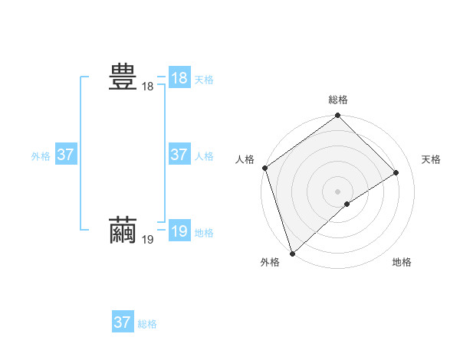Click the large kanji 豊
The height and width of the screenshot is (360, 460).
coord(123,78)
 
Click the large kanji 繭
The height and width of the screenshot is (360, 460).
coord(123,230)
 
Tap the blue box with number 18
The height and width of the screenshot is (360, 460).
coord(179,78)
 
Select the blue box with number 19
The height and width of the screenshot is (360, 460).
coord(179,231)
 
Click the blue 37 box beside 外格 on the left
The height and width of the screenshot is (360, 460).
coord(65,155)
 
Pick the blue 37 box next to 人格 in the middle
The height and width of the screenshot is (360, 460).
coord(179,155)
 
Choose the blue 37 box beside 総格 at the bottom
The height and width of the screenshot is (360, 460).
coord(122,322)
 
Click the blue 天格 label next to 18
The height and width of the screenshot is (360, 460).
coord(204,80)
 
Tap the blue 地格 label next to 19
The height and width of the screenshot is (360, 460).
coord(204,233)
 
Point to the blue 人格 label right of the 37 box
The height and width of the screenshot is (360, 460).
coord(204,156)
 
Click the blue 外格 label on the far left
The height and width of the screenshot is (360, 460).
coord(41,156)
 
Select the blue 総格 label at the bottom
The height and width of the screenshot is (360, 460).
coord(147,324)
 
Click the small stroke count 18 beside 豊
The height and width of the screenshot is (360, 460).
coord(147,87)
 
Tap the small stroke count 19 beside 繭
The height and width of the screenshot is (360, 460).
coord(147,240)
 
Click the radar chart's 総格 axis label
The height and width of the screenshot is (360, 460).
coord(338,100)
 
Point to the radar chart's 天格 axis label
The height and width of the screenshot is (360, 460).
coord(431,159)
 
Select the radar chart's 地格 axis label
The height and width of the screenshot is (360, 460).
coord(402,262)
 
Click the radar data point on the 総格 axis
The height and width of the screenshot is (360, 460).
coord(338,116)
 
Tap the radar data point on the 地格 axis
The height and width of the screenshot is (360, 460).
coord(347,204)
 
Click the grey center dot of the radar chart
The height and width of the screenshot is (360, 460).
coord(338,191)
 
